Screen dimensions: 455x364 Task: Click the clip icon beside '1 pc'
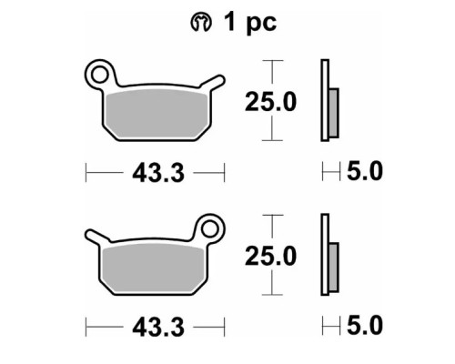coord(200,23)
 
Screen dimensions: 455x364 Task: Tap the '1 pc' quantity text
coord(250,23)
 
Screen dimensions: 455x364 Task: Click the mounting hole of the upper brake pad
coord(100,75)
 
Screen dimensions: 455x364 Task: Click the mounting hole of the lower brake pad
coord(209,229)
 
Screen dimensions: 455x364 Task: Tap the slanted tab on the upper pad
coord(213,83)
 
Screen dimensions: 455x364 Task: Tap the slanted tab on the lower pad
coord(97,237)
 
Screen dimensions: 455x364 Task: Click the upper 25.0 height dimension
coord(270,102)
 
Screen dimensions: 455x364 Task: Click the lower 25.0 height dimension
coord(270,257)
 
